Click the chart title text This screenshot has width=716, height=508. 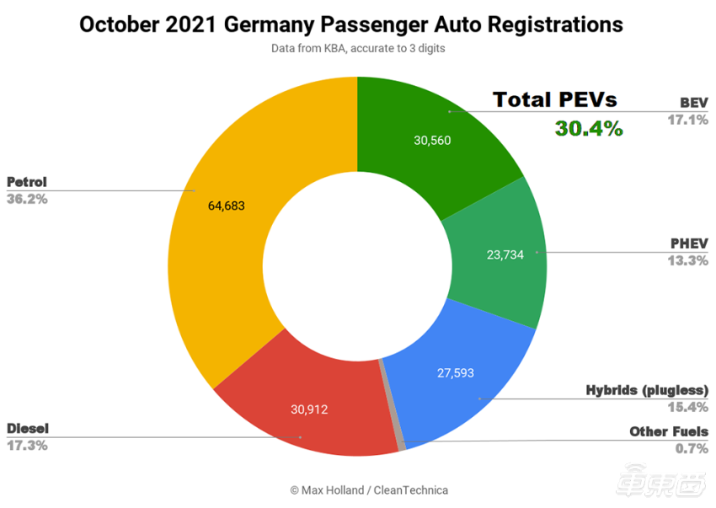point(351,24)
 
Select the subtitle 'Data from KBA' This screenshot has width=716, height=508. point(358,49)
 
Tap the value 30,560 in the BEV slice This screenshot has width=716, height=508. point(432,141)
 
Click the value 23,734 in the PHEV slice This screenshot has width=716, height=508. point(505,254)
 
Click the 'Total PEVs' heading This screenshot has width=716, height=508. point(554,99)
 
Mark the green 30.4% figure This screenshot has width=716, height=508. point(588,129)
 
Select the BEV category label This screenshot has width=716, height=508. point(693,104)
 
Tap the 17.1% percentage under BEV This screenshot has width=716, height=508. point(687,120)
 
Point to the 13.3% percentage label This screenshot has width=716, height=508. point(687,260)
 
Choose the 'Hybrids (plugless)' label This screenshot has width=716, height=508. point(647,391)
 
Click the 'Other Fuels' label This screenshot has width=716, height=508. point(669,432)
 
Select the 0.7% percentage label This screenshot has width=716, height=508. point(692,448)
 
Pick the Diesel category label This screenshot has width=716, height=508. point(28,429)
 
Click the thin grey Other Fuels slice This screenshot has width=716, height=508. point(391,405)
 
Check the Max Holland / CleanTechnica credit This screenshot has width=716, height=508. point(369,490)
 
